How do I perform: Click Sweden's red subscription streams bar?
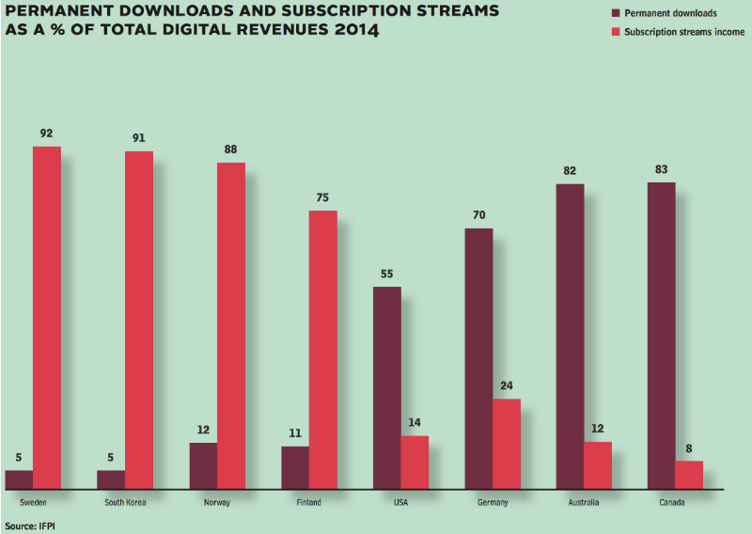(x=47, y=318)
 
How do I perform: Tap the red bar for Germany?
(x=507, y=444)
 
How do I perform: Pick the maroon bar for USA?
(x=387, y=387)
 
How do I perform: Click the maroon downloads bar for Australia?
(x=570, y=337)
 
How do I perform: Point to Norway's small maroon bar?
(x=203, y=465)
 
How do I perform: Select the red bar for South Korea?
(x=139, y=320)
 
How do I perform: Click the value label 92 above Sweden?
(x=46, y=133)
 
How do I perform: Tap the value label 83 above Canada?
(x=662, y=169)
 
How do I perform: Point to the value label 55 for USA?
(x=387, y=274)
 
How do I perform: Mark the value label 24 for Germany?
(x=507, y=386)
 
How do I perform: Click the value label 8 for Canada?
(x=689, y=448)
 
